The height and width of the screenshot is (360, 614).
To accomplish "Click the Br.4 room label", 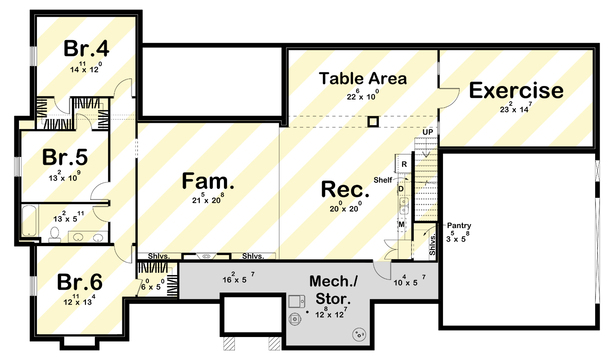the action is pyautogui.click(x=86, y=49).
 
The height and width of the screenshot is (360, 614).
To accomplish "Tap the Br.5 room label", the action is pyautogui.click(x=65, y=157).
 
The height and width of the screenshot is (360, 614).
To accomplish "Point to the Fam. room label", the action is pyautogui.click(x=208, y=181).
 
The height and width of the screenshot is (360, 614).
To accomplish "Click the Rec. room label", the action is pyautogui.click(x=345, y=189).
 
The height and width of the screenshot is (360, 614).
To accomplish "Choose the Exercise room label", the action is pyautogui.click(x=516, y=90).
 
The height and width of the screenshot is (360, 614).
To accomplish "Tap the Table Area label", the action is pyautogui.click(x=363, y=78).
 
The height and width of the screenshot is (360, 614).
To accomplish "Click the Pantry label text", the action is pyautogui.click(x=459, y=225).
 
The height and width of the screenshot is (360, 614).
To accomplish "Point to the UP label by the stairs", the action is pyautogui.click(x=428, y=132).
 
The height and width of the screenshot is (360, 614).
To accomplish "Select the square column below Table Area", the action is pyautogui.click(x=373, y=121).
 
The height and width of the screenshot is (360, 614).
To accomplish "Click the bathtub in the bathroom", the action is pyautogui.click(x=29, y=220).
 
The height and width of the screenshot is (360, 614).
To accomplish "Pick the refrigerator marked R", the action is pyautogui.click(x=403, y=164).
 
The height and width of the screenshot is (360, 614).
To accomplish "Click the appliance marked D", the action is pyautogui.click(x=402, y=189).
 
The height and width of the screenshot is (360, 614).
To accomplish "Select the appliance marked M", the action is pyautogui.click(x=402, y=225).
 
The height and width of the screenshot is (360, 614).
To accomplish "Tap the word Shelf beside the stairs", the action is pyautogui.click(x=383, y=180).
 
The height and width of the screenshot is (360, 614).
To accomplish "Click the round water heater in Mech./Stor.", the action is pyautogui.click(x=359, y=334).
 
